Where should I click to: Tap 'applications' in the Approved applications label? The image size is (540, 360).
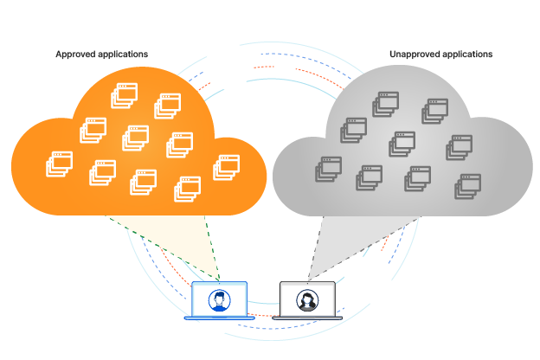click(x=121, y=55)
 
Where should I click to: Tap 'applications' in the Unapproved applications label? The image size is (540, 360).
click(x=468, y=55)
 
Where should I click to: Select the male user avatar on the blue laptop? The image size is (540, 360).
click(x=220, y=300)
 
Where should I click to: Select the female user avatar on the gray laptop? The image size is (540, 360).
click(x=307, y=300)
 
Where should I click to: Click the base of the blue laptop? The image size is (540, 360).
click(x=220, y=318)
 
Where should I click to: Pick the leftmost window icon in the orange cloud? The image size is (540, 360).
click(x=59, y=164)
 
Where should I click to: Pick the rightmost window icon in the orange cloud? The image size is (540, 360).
click(x=226, y=166)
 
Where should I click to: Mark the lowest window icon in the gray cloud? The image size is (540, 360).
click(x=468, y=185)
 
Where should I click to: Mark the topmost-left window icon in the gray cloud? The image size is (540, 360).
click(x=385, y=104)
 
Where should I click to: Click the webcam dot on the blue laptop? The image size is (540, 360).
click(x=220, y=286)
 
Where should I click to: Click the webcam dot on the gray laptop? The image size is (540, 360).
click(x=307, y=286)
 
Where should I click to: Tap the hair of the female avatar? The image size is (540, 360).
click(x=307, y=294)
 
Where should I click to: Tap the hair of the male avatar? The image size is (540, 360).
click(x=220, y=293)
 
